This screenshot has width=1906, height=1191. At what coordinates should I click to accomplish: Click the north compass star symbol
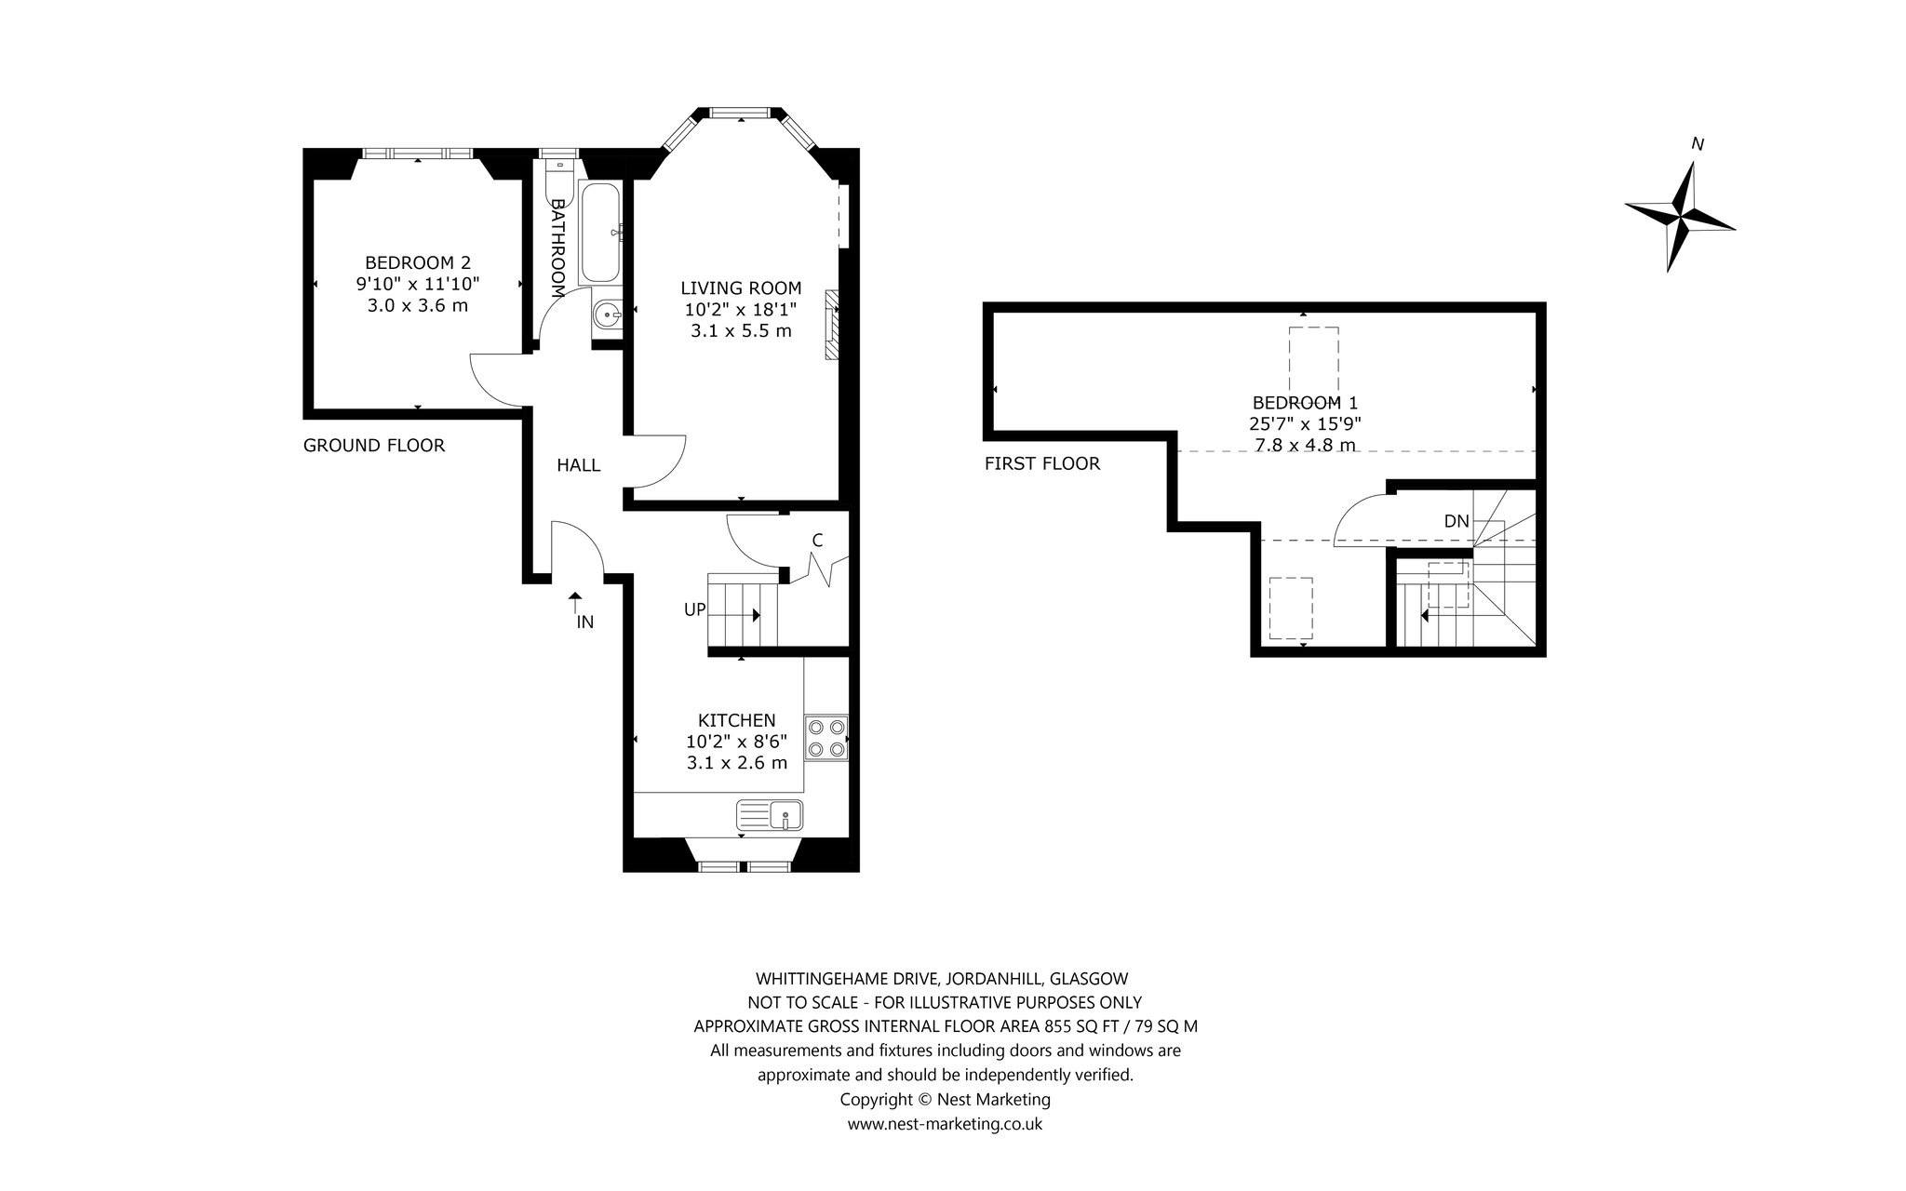point(1681,218)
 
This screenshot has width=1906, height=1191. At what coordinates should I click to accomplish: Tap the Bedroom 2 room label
point(417,262)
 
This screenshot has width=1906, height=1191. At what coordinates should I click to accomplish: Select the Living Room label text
point(741,288)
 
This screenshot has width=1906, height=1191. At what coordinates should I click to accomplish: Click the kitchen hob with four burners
point(826,738)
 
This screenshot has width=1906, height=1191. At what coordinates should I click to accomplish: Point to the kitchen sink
point(771,815)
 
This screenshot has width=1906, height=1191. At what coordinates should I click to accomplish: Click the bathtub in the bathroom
point(600,233)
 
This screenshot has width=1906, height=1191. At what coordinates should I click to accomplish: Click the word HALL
point(579,465)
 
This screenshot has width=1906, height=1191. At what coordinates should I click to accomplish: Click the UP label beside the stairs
point(695,609)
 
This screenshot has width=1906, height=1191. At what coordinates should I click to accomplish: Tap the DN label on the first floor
point(1456,522)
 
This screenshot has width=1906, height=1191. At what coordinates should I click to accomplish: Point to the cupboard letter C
point(817,540)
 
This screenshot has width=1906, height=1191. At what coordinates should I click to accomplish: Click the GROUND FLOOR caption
point(374,446)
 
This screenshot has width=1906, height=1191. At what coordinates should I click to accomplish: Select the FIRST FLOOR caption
point(1042,463)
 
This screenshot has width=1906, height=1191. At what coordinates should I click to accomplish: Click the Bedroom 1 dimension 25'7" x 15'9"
point(1306,423)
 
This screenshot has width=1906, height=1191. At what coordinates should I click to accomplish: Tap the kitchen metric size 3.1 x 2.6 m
point(737,763)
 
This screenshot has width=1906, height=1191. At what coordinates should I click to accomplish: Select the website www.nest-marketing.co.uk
point(945,1124)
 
